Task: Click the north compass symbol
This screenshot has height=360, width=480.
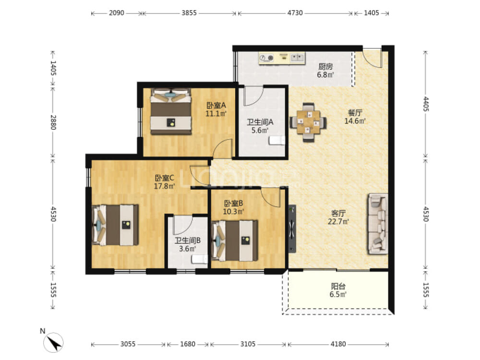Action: point(53,342)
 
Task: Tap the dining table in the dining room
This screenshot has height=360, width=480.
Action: point(308,122)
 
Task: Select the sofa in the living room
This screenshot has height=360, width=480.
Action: point(378,224)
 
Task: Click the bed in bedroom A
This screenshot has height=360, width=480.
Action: point(170,111)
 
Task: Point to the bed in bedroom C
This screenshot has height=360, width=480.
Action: point(115,225)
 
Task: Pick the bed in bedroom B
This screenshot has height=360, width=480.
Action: point(235,240)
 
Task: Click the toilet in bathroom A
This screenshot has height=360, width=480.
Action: point(277,140)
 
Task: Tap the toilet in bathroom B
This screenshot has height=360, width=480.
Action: point(200,259)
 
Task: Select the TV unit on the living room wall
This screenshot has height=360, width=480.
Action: point(292,228)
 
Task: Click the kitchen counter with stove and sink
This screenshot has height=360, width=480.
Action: point(282,58)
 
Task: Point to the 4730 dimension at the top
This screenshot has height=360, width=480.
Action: point(295,13)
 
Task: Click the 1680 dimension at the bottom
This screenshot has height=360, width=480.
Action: point(188,344)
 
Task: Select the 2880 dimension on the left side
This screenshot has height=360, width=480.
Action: point(53,122)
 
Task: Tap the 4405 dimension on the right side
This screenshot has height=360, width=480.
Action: point(426,104)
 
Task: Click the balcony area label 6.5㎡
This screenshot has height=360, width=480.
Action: point(338,295)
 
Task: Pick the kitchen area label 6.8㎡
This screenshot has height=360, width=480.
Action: point(325,75)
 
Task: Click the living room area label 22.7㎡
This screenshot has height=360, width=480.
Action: point(338,221)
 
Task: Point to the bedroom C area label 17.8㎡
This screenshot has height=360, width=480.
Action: point(164,186)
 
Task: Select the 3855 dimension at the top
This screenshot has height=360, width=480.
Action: point(189,13)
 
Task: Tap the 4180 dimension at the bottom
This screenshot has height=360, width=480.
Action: point(338,344)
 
